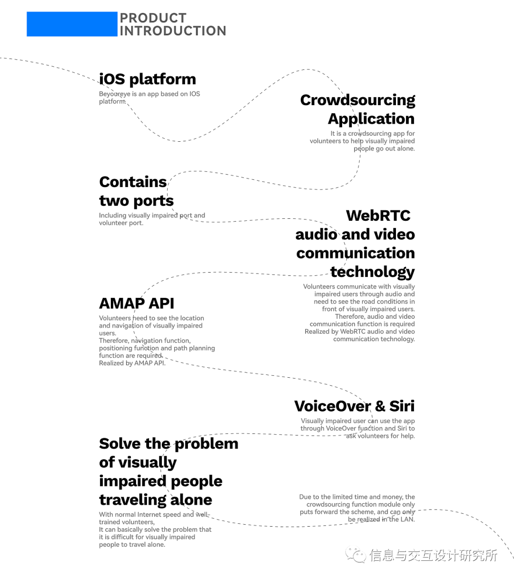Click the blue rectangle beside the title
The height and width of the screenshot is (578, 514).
click(x=71, y=24)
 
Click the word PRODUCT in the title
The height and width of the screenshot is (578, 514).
click(x=153, y=18)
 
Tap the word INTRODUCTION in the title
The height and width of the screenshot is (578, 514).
click(x=173, y=31)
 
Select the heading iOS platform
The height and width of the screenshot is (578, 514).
click(x=148, y=79)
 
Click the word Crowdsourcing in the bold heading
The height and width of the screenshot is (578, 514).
click(x=357, y=100)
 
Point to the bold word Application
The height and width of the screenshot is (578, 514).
click(x=371, y=118)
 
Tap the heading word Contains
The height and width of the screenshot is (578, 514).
click(x=133, y=182)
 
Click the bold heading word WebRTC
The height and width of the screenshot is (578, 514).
click(x=378, y=216)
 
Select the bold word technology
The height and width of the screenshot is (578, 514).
click(x=373, y=272)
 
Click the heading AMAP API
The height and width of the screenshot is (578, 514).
click(x=137, y=303)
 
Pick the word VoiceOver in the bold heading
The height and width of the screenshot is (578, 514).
click(x=332, y=406)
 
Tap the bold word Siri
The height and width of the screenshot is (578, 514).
click(x=402, y=406)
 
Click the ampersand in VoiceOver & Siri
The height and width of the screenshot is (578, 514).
click(x=380, y=406)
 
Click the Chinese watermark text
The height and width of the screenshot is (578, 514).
click(x=433, y=555)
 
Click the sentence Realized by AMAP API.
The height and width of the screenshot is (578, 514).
click(x=132, y=363)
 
